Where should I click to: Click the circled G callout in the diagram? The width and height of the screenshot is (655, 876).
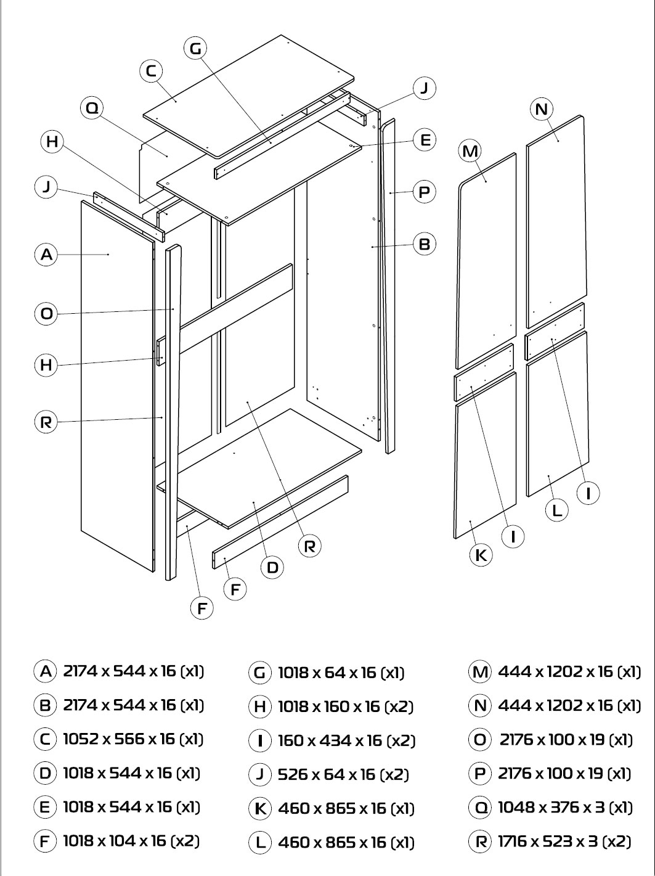[195, 48]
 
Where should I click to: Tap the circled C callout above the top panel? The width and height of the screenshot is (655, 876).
[151, 71]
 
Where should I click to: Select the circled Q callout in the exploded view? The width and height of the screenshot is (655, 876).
[92, 108]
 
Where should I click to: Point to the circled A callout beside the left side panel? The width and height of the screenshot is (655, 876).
[46, 254]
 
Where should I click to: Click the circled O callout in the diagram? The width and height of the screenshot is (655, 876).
[46, 314]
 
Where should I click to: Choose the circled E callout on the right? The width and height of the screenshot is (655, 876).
[425, 140]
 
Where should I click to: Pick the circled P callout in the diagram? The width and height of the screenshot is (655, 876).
[424, 192]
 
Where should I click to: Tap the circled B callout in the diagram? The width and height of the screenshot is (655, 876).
[425, 244]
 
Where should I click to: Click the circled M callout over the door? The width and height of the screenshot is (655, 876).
[470, 151]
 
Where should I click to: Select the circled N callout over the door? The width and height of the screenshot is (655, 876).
[541, 109]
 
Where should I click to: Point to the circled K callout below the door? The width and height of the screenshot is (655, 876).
[481, 555]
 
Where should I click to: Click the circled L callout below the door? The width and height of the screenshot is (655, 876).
[557, 510]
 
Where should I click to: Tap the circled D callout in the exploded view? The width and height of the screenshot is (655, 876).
[272, 567]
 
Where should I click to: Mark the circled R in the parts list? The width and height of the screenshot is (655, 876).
[480, 841]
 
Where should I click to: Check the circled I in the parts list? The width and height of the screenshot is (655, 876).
[260, 741]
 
